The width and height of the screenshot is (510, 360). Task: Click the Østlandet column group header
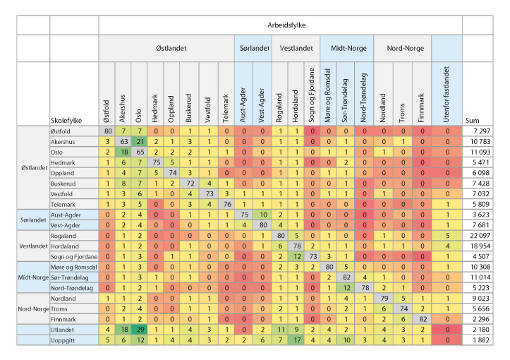click(166, 48)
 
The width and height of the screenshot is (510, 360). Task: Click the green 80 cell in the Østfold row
click(108, 131)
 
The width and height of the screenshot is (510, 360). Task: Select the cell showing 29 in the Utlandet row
click(140, 330)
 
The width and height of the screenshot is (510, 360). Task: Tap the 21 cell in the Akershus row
click(140, 142)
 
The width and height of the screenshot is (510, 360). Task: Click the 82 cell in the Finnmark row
click(422, 319)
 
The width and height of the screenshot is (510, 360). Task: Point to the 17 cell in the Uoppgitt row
click(297, 340)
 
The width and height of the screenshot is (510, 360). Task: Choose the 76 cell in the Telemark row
click(226, 203)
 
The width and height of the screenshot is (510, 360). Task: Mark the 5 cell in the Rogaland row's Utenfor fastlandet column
click(446, 235)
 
